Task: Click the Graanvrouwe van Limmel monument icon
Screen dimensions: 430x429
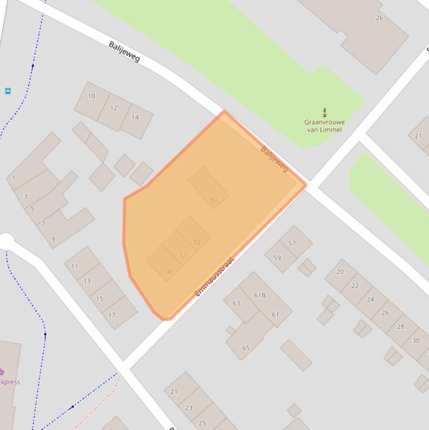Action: pyautogui.click(x=325, y=112)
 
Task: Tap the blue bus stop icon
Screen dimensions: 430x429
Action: pyautogui.click(x=8, y=91)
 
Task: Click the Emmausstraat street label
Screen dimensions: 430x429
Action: pyautogui.click(x=215, y=276)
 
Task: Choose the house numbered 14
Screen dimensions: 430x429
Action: pyautogui.click(x=135, y=117)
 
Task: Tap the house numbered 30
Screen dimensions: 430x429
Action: pyautogui.click(x=416, y=340)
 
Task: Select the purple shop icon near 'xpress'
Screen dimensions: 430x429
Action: pyautogui.click(x=2, y=372)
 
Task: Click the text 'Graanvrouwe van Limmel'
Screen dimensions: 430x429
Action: pyautogui.click(x=324, y=126)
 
